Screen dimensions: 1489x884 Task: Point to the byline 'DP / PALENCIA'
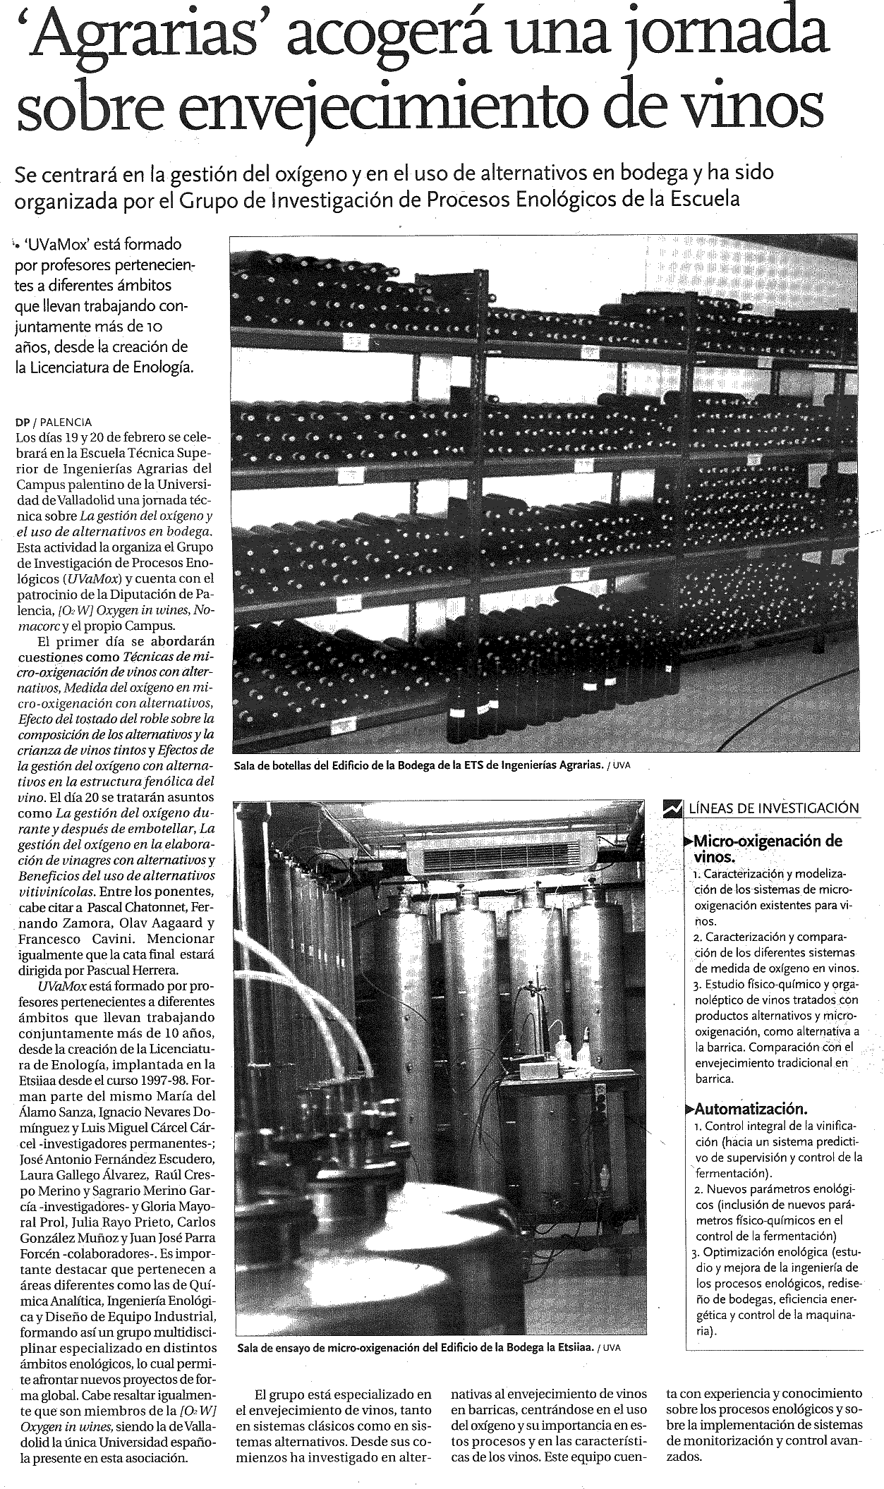(54, 422)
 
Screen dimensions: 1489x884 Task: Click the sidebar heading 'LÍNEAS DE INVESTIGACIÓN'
(773, 808)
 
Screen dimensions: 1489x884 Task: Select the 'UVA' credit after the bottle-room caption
(621, 765)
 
